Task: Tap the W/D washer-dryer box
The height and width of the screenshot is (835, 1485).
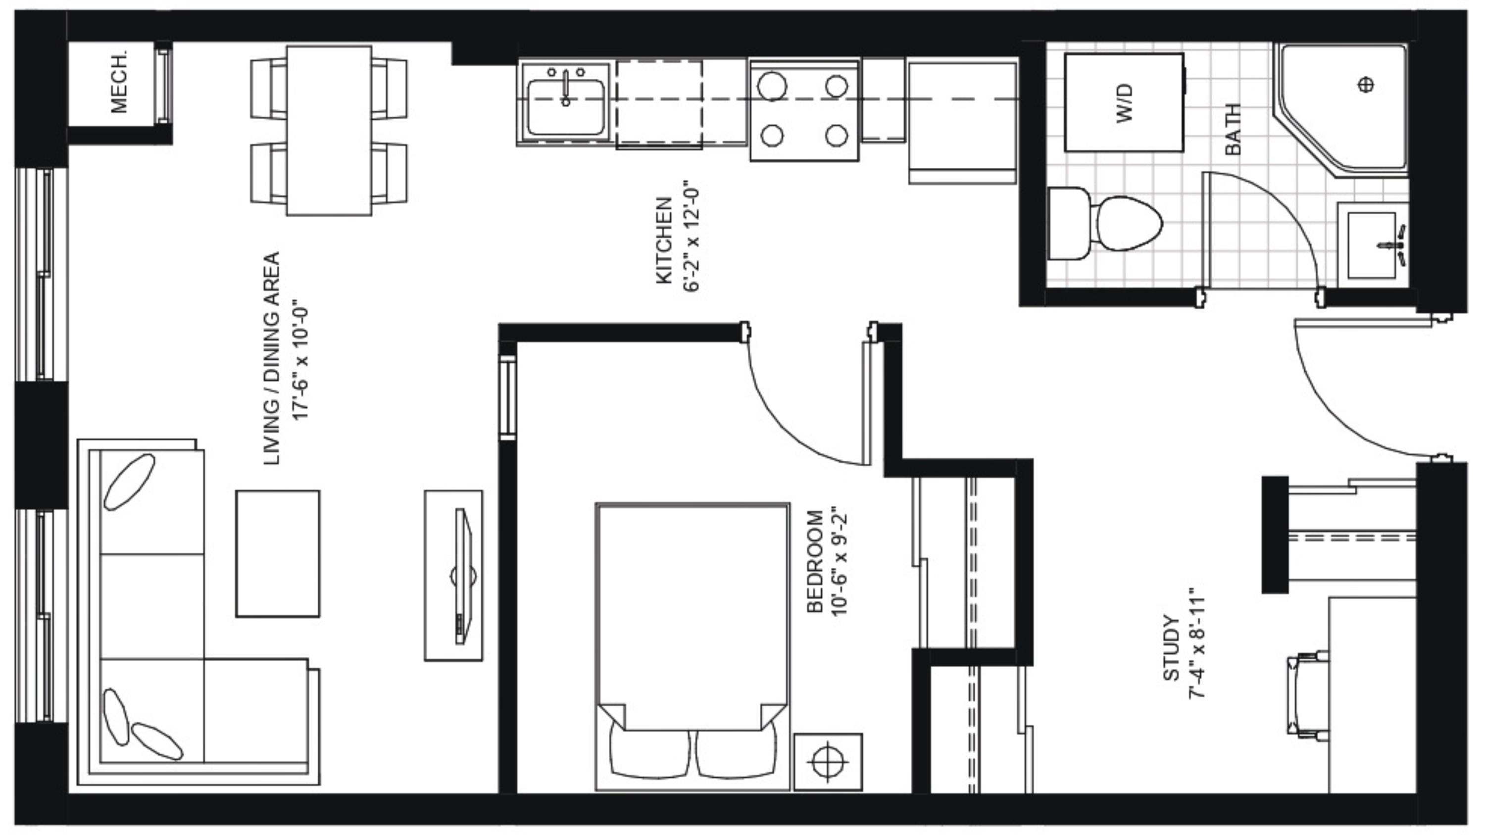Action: (x=1124, y=102)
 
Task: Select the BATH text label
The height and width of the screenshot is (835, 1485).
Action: (x=1232, y=129)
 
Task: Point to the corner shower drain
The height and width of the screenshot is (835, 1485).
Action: (x=1366, y=85)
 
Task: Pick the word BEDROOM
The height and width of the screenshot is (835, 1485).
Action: (x=815, y=561)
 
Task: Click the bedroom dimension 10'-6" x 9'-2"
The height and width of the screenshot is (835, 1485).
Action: (x=840, y=561)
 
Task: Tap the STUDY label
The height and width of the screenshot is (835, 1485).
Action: (x=1171, y=648)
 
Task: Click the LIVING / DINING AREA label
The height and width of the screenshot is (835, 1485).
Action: (x=271, y=358)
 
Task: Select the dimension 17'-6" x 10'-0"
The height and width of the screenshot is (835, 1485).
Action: (x=301, y=358)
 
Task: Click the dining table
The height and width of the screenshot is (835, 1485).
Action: (x=329, y=131)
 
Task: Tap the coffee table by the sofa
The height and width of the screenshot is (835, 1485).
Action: (x=278, y=553)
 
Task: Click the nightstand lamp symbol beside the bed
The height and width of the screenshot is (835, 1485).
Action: (x=828, y=762)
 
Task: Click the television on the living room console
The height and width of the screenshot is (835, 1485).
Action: (x=462, y=576)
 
